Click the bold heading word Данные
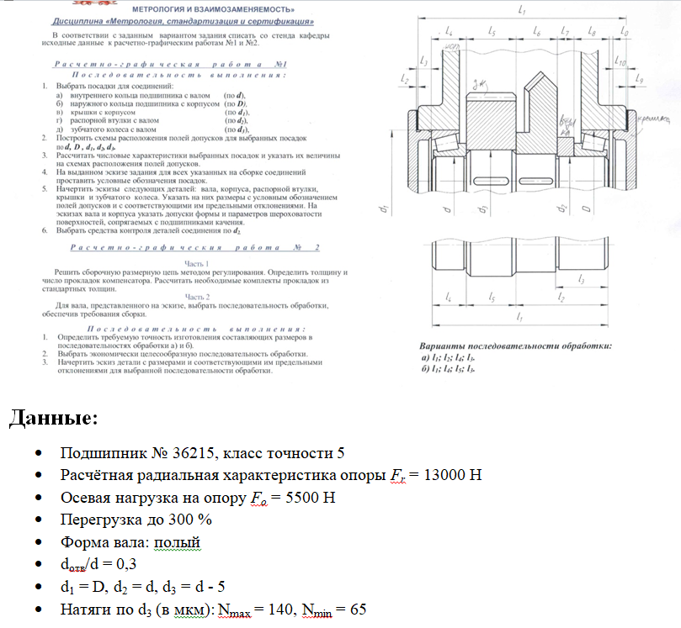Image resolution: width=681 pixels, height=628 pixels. (x=54, y=418)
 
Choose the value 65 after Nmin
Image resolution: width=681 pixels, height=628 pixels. (x=358, y=608)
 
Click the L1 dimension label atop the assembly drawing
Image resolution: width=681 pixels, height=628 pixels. (x=522, y=10)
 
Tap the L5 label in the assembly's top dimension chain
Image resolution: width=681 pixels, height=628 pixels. (x=491, y=31)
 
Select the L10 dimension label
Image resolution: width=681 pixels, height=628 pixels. (x=620, y=62)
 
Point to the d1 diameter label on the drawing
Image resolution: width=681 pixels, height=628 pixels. (x=384, y=206)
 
